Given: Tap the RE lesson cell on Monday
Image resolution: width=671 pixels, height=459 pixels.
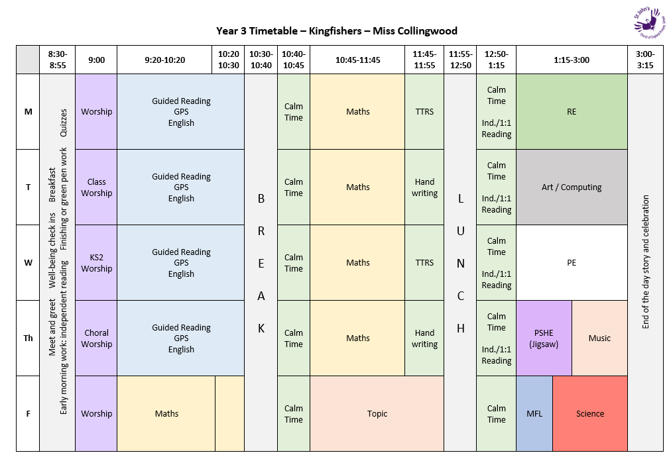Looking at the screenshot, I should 572,112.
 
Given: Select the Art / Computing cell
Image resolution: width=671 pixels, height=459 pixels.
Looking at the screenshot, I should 572,187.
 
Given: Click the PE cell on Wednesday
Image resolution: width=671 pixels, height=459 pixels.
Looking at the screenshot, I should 572,263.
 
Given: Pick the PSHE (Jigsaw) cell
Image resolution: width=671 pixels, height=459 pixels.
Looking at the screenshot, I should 544,338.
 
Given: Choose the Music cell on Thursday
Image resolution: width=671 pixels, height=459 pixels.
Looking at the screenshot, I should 599,338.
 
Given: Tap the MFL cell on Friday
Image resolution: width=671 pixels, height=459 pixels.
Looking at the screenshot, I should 534,414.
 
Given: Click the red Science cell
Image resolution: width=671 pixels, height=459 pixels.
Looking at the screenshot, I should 590,414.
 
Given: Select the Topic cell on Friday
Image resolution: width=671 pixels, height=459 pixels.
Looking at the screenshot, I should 377,414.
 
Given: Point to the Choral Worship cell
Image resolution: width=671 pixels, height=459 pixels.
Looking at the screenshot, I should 97,338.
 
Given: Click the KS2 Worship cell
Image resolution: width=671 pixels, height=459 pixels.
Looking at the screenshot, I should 97,263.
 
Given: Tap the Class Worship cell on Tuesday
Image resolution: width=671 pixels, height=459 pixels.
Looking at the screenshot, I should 97,187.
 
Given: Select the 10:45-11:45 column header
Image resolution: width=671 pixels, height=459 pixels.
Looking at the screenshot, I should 357,60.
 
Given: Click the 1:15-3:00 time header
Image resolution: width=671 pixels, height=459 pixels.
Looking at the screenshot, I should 572,60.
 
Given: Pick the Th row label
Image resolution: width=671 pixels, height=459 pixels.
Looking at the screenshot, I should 28,338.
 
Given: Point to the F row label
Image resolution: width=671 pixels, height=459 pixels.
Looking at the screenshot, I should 28,414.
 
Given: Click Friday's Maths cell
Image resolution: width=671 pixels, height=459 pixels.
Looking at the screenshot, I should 166,414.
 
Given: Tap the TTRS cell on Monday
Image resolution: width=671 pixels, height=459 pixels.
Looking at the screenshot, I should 424,112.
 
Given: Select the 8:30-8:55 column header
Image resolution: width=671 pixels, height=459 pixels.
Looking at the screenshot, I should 58,60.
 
